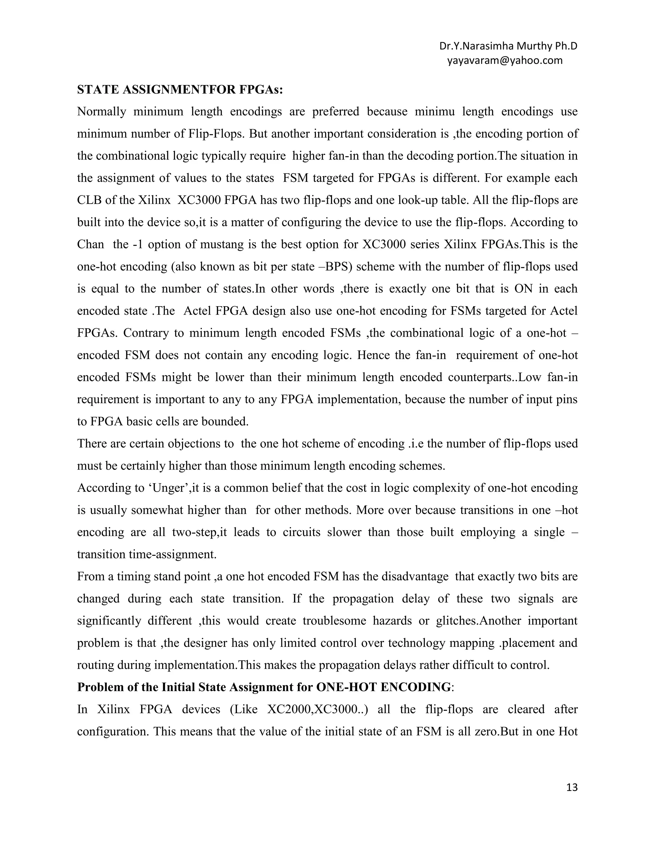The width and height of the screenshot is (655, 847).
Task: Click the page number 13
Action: coord(572,787)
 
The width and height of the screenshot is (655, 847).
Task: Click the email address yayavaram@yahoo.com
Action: coord(504,60)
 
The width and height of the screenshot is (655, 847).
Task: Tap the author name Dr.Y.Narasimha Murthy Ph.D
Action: coord(508,46)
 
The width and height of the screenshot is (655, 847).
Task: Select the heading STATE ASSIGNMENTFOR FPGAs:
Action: coord(180,89)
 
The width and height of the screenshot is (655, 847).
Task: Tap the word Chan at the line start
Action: coord(91,244)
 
